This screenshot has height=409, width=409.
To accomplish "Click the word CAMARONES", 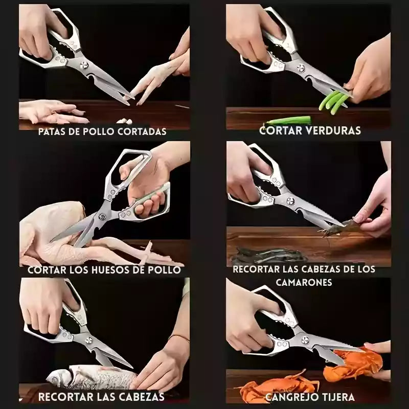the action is pyautogui.click(x=304, y=282).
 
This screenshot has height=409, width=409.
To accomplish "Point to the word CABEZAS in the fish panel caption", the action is pyautogui.click(x=143, y=397).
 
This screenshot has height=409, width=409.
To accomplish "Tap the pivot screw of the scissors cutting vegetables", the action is pyautogui.click(x=301, y=68).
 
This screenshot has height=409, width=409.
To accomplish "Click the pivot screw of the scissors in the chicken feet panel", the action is pyautogui.click(x=84, y=65).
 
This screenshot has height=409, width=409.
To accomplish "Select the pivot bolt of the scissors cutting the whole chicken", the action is pyautogui.click(x=102, y=216).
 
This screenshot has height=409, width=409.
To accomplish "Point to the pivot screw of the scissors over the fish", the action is pyautogui.click(x=89, y=340).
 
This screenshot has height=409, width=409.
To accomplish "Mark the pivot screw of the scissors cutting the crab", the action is pyautogui.click(x=305, y=340).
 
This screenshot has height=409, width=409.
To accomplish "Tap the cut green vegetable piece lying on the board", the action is pyautogui.click(x=288, y=121).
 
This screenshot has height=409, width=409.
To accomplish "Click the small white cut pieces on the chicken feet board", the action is pyautogui.click(x=125, y=121).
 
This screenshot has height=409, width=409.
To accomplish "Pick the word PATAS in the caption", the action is pyautogui.click(x=52, y=132).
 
